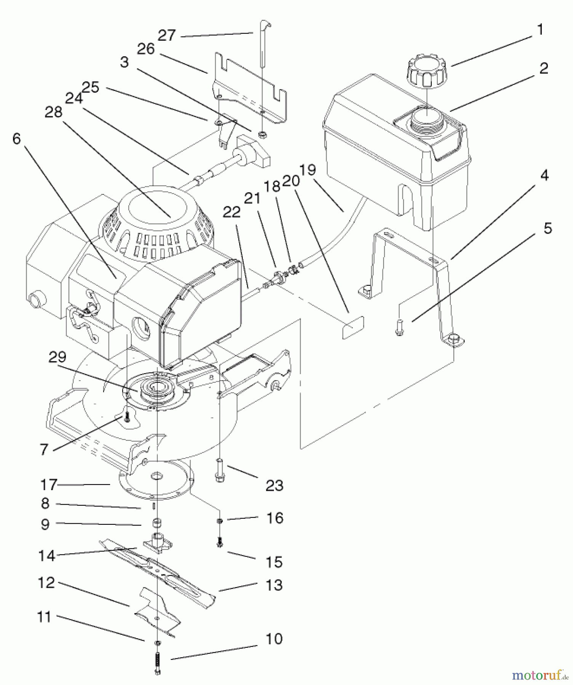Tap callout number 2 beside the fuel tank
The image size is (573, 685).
point(543,68)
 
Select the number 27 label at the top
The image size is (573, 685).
point(166,35)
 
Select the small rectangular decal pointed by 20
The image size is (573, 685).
point(353,327)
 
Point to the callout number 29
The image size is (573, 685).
point(58,357)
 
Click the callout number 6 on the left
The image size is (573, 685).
point(16,139)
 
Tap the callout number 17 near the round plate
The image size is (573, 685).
point(48,485)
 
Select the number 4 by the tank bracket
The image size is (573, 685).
point(544,175)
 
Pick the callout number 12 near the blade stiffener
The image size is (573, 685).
point(46,583)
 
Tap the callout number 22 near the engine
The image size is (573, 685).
point(232,212)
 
